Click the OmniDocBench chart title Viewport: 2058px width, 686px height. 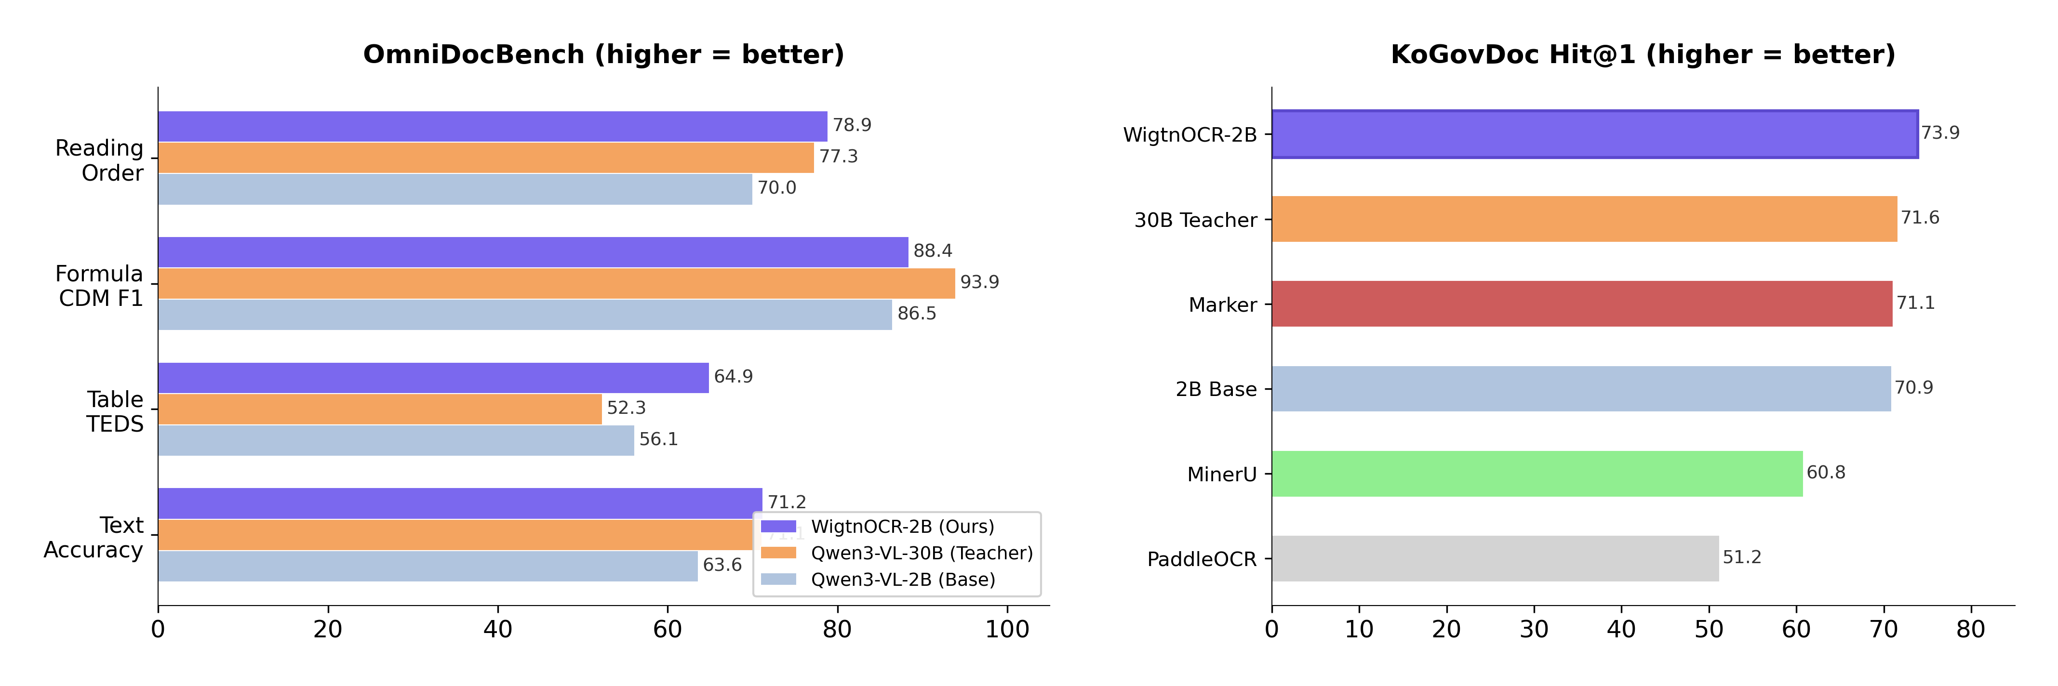[x=603, y=54]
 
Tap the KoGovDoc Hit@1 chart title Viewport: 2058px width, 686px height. [x=1643, y=54]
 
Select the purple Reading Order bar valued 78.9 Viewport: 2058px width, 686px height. [x=492, y=126]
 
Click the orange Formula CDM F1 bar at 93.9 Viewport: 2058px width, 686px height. [x=556, y=283]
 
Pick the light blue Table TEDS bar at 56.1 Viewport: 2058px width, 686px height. [x=396, y=440]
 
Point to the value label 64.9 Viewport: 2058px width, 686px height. [x=733, y=376]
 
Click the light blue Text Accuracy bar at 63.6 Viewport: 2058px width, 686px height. [x=428, y=566]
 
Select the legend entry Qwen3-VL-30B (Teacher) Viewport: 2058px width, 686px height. [x=921, y=553]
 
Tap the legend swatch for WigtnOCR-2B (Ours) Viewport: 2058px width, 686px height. [x=778, y=526]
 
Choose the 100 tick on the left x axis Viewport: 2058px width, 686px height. [x=1007, y=629]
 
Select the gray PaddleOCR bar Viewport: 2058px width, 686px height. [x=1495, y=558]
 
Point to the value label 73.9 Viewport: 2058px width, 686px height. [x=1940, y=132]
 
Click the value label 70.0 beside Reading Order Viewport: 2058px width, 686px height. [x=776, y=188]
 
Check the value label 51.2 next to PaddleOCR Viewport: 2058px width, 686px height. [x=1742, y=556]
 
